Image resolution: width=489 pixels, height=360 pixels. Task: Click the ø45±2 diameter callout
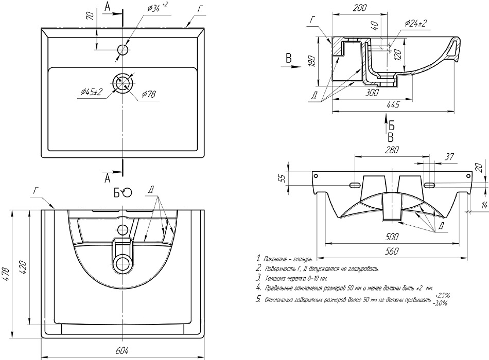click(x=92, y=92)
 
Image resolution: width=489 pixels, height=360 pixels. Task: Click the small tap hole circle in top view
click(x=123, y=50)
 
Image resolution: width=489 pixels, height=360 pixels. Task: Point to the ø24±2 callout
click(x=416, y=23)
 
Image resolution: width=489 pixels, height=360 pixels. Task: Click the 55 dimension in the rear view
click(x=281, y=177)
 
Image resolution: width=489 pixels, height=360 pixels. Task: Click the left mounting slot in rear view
click(x=355, y=185)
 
